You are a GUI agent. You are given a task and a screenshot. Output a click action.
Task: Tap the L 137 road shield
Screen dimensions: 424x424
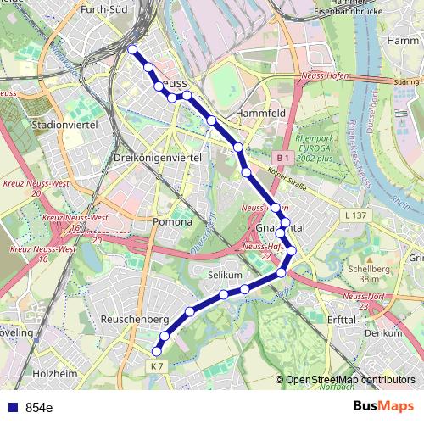(356, 217)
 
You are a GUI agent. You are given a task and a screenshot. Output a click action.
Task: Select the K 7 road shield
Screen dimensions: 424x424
(154, 365)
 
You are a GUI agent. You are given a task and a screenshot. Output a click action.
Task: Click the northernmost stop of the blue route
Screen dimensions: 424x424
(132, 49)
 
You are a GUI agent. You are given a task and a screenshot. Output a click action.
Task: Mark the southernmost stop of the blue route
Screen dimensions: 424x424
(156, 351)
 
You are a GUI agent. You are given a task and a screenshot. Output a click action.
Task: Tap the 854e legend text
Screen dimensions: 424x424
(39, 407)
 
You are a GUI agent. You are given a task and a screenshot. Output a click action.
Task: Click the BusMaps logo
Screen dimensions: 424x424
(382, 406)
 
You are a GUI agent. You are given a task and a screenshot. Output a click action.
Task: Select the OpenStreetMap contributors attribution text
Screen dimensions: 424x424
(349, 380)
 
